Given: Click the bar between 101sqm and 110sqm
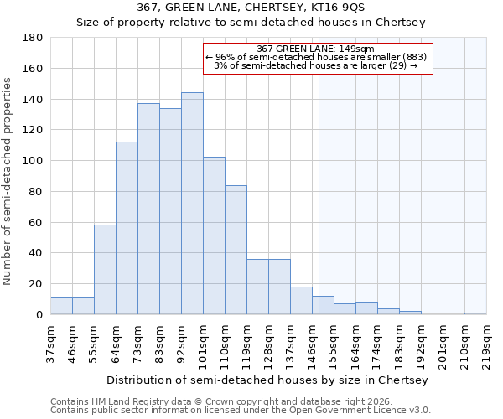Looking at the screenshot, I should click(214, 235).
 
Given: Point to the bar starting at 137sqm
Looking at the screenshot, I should click(301, 301).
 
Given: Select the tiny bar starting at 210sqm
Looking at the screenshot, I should click(475, 313).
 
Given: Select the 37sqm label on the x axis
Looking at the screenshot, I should click(50, 344).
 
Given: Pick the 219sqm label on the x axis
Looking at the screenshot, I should click(486, 344).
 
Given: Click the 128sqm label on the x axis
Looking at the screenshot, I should click(268, 344).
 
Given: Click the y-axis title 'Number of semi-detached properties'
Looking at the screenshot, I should click(8, 181).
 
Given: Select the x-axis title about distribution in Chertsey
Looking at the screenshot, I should click(267, 380).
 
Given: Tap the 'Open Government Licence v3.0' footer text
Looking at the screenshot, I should click(358, 410).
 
